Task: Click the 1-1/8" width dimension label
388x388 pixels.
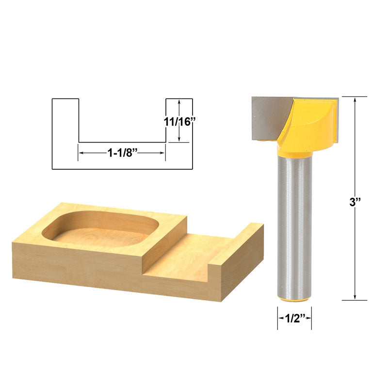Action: click(123, 152)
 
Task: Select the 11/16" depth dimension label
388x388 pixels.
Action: click(179, 122)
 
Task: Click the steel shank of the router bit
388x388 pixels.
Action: click(294, 223)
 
